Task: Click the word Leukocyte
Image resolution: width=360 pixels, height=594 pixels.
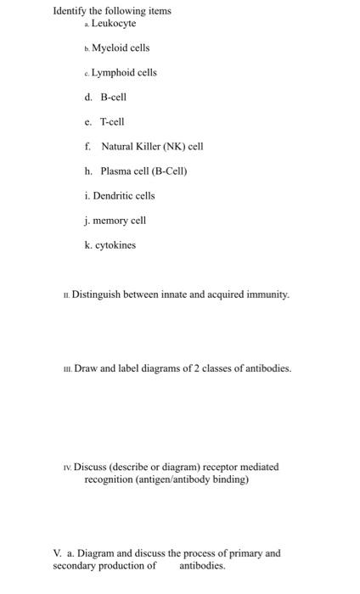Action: click(x=114, y=24)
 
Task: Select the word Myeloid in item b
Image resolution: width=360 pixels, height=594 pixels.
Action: click(x=110, y=48)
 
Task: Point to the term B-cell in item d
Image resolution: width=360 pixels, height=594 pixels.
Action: click(x=113, y=98)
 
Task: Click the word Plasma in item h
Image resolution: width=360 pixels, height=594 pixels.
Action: click(x=115, y=171)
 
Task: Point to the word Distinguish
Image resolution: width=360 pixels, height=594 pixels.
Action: click(x=98, y=295)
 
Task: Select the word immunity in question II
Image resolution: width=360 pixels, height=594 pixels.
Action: click(x=267, y=295)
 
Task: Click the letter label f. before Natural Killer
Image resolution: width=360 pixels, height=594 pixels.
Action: click(x=87, y=147)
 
